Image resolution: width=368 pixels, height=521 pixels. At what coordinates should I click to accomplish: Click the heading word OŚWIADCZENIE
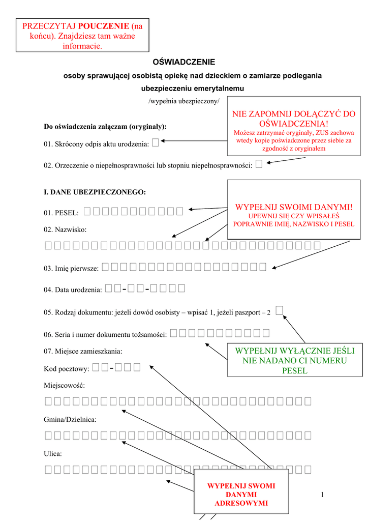[x=184, y=62]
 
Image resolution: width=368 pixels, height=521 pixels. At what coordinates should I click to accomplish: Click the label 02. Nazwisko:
[x=65, y=230]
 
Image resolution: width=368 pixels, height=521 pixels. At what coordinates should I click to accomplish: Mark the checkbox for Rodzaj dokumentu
[x=279, y=311]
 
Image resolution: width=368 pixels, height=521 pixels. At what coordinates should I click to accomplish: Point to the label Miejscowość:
[x=65, y=386]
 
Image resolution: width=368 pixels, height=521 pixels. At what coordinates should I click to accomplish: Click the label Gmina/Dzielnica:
[x=70, y=419]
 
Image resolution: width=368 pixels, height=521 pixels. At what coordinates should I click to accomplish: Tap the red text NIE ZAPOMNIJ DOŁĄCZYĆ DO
[x=294, y=114]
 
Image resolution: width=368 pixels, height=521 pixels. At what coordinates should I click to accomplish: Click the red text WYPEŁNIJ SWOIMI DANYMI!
[x=293, y=207]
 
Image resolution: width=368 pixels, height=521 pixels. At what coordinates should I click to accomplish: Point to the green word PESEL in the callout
[x=294, y=370]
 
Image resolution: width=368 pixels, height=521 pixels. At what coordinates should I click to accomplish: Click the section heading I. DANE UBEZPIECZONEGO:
[x=95, y=192]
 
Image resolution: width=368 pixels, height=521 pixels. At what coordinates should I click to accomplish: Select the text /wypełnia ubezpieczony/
[x=183, y=101]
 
